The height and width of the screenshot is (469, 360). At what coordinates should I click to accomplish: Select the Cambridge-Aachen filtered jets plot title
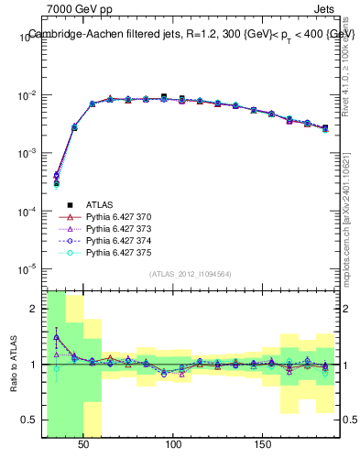coord(191,34)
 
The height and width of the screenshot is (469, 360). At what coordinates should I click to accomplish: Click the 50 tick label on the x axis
coord(83,445)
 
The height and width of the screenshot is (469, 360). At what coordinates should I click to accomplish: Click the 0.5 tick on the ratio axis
coord(31,420)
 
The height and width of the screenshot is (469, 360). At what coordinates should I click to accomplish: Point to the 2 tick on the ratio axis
coord(35,309)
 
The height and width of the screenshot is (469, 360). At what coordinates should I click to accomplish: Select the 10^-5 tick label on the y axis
coord(27,268)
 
